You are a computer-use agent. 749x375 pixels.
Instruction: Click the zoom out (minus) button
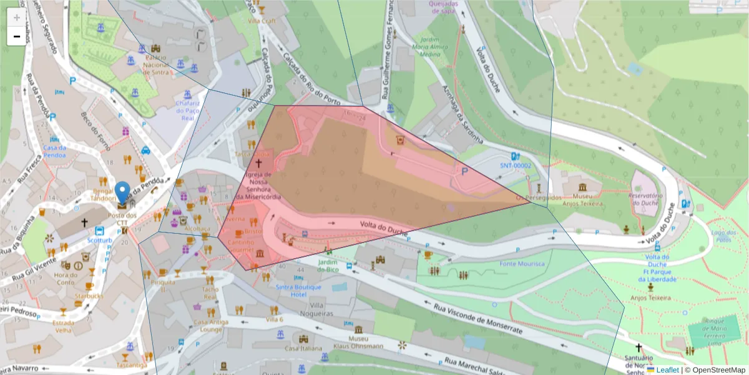pos(16,36)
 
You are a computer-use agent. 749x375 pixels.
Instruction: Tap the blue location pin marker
pos(123,192)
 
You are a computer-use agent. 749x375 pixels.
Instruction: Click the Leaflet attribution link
pos(667,370)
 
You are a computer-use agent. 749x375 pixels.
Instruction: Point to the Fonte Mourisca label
pos(522,264)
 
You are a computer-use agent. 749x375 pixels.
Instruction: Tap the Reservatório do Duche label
pos(645,199)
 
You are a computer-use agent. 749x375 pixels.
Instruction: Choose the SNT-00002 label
pos(516,166)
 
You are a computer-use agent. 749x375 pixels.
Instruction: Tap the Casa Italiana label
pos(303,348)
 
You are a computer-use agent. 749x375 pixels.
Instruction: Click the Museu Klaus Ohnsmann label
pos(358,341)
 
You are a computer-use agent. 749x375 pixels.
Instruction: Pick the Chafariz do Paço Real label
pos(187,110)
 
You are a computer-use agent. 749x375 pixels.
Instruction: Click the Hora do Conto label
pos(66,278)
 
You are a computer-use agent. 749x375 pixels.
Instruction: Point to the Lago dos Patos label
pos(721,236)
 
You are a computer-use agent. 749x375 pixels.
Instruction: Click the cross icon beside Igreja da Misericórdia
pos(258,162)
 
